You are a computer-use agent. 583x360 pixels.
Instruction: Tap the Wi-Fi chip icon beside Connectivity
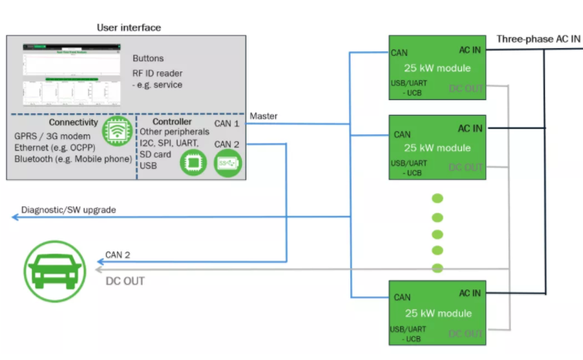click(116, 133)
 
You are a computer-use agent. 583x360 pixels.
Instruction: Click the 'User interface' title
click(129, 28)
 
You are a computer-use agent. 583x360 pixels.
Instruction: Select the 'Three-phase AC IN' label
click(538, 39)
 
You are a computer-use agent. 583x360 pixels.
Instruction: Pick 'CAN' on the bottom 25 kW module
click(402, 297)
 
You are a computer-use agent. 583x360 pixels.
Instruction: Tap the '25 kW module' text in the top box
click(437, 67)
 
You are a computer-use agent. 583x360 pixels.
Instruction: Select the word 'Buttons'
click(148, 58)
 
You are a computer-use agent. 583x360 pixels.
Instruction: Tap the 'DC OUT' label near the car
click(125, 280)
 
